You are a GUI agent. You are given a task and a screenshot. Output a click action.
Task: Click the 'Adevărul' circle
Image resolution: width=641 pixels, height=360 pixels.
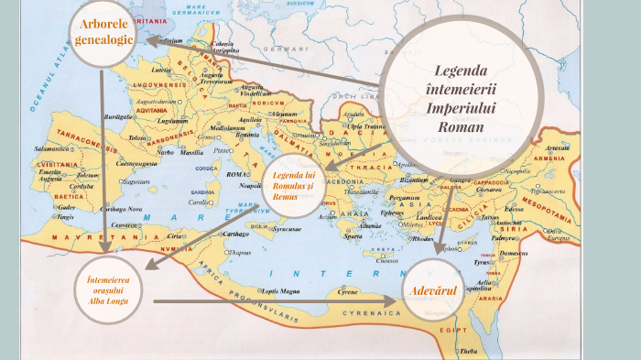tap(434, 291)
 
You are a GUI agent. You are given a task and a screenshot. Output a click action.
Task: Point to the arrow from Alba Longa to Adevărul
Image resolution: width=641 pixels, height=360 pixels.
tap(275, 300)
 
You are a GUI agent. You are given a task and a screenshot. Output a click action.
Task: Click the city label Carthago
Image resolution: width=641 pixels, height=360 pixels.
tap(233, 234)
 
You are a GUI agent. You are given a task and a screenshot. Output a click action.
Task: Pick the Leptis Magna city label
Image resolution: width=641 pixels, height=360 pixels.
tap(281, 290)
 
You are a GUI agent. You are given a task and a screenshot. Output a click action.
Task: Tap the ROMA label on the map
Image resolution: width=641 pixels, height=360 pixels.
tap(236, 174)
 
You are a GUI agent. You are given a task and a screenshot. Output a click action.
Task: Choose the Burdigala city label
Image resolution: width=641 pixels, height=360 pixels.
tap(122, 117)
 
